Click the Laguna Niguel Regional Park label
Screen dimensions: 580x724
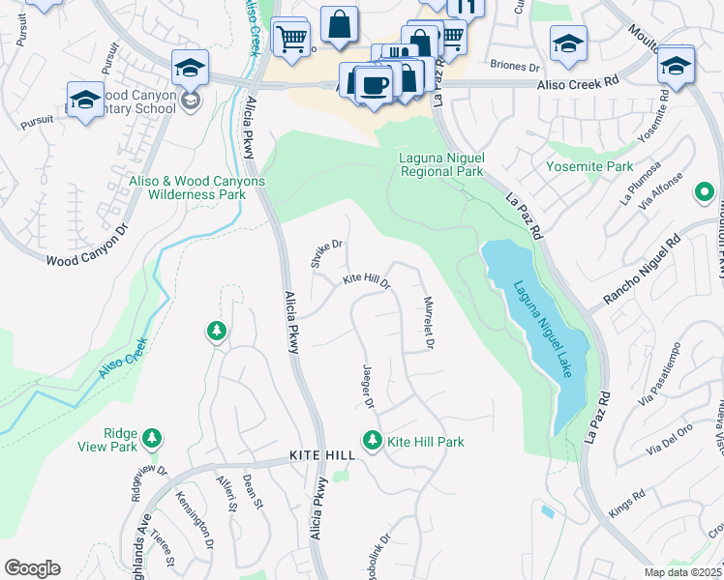pyautogui.click(x=441, y=164)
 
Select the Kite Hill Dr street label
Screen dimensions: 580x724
pyautogui.click(x=365, y=281)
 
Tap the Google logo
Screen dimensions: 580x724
pyautogui.click(x=32, y=568)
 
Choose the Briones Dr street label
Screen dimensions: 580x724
pyautogui.click(x=514, y=67)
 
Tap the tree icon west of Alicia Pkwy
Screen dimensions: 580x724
pyautogui.click(x=217, y=332)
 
